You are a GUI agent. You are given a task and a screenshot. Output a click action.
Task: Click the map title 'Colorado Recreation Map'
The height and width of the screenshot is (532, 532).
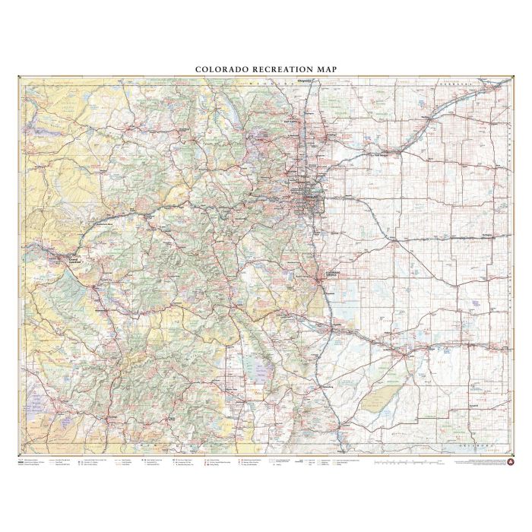[x=266, y=69]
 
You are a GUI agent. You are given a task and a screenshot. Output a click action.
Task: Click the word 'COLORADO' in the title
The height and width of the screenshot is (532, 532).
[x=221, y=69]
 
